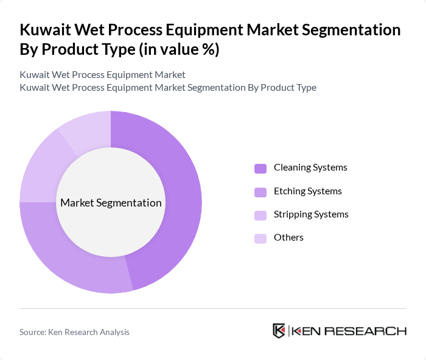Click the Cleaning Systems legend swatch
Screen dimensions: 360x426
tap(260, 168)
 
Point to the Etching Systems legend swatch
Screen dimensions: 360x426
tap(260, 192)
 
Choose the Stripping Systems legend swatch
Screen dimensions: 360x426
tap(260, 215)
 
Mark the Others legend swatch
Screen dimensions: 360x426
tap(260, 238)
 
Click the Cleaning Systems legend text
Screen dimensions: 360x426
tap(310, 168)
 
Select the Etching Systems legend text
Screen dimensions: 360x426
tap(307, 191)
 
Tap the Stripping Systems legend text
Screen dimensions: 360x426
tap(311, 214)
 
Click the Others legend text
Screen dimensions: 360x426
tap(288, 238)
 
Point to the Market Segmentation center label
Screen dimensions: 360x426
tap(111, 203)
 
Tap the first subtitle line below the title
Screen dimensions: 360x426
tap(102, 75)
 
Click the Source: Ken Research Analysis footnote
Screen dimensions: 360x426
tap(74, 332)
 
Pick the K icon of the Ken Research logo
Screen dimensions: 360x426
tap(279, 331)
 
